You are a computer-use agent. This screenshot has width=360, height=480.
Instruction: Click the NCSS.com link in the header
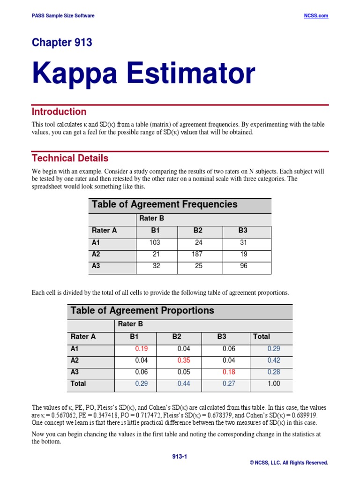tap(316, 15)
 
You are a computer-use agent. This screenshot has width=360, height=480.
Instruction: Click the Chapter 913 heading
tap(62, 43)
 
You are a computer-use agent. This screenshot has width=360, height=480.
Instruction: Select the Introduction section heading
tap(59, 112)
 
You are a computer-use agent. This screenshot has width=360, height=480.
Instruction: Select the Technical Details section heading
tap(70, 158)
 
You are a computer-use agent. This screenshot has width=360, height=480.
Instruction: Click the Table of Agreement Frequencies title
tap(165, 204)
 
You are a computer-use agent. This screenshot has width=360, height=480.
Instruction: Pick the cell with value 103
tap(154, 243)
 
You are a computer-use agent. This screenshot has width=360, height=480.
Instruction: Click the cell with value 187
tap(197, 255)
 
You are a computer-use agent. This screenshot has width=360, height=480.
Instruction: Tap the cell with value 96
tap(242, 266)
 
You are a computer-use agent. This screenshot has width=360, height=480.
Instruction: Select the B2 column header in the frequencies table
tap(198, 230)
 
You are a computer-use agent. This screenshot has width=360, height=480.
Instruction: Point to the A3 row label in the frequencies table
tap(97, 266)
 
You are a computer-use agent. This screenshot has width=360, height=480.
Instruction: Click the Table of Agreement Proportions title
tap(142, 310)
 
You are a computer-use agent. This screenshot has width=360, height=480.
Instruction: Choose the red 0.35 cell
tap(184, 360)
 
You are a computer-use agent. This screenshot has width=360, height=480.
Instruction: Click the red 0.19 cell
tap(141, 349)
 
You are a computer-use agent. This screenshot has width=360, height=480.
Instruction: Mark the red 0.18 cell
tap(228, 372)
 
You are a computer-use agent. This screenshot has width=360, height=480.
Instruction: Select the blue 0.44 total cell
tap(184, 383)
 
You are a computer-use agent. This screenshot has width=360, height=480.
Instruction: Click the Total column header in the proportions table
tap(262, 336)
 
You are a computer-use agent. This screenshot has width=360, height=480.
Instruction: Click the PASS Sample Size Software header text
tap(63, 15)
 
